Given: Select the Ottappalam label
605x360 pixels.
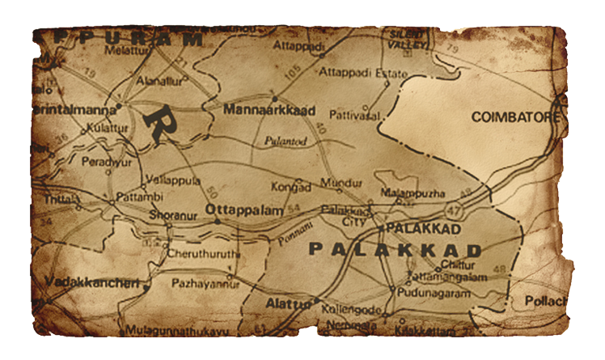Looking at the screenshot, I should pos(244,210).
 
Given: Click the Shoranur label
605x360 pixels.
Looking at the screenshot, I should pos(171,215).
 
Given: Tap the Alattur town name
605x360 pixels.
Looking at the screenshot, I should pos(287,303).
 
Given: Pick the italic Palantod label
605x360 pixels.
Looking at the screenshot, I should pos(284,140).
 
